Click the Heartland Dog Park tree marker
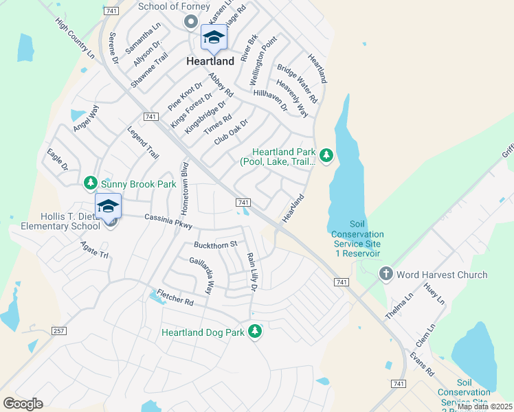point(256,332)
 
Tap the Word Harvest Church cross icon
point(385,275)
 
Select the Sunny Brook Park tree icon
point(90,183)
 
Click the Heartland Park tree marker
point(326,157)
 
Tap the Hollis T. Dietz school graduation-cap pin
point(108,207)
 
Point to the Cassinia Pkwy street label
point(168,221)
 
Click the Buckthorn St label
point(215,244)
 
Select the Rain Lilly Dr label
point(252,271)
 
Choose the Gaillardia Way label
point(202,276)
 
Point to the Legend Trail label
point(143,142)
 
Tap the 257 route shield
point(59,331)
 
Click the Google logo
point(23,403)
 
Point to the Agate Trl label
point(95,249)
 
